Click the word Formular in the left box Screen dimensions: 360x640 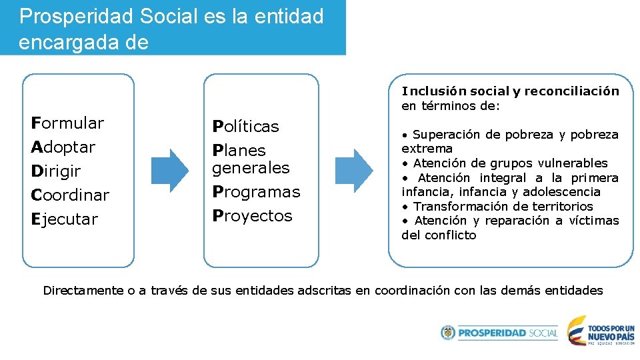(x=67, y=123)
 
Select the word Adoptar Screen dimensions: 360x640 (x=63, y=147)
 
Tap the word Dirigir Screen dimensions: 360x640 (x=56, y=171)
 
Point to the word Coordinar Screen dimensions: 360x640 (x=70, y=195)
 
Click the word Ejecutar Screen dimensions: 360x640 (x=65, y=219)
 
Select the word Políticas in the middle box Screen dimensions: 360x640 (x=245, y=127)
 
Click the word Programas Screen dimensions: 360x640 (x=256, y=192)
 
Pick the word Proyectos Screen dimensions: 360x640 (x=252, y=216)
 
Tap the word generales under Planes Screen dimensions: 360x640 (x=251, y=168)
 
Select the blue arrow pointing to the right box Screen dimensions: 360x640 (x=353, y=171)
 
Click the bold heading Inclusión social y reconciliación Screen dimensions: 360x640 (x=510, y=91)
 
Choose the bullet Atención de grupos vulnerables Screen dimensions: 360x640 (x=510, y=163)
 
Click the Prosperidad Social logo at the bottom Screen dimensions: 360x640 (x=499, y=333)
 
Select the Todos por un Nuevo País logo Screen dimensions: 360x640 (x=600, y=331)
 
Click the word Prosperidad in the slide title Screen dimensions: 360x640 (x=77, y=16)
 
